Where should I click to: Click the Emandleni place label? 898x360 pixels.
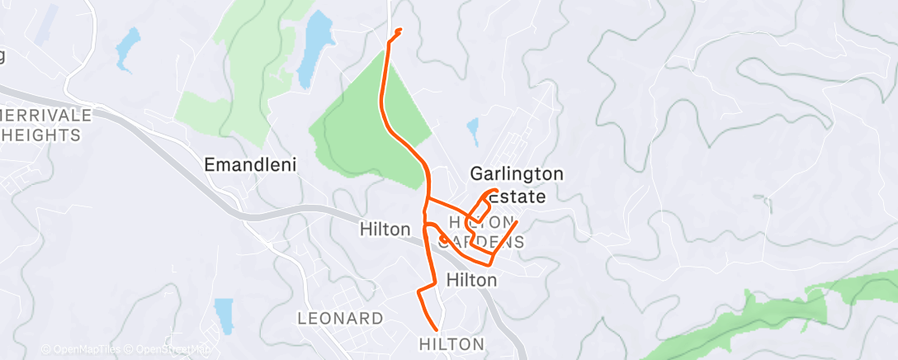tap(250, 165)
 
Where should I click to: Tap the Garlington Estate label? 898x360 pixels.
tap(517, 185)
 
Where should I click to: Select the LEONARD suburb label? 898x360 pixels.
tap(340, 318)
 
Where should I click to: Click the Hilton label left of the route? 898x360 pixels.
tap(385, 230)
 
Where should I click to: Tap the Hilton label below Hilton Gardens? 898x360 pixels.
tap(471, 280)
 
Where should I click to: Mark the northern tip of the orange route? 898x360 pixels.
tap(400, 31)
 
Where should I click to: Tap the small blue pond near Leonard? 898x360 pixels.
tap(224, 315)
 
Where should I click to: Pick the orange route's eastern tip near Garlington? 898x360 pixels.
tap(517, 222)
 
